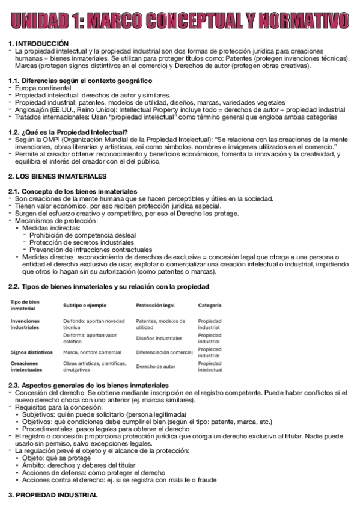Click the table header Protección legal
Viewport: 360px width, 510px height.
point(155,305)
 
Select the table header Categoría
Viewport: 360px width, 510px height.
point(210,305)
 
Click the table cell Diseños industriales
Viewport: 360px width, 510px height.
point(159,339)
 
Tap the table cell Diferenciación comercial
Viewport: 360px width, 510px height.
point(164,352)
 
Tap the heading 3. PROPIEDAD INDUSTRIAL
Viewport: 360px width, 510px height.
point(52,495)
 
